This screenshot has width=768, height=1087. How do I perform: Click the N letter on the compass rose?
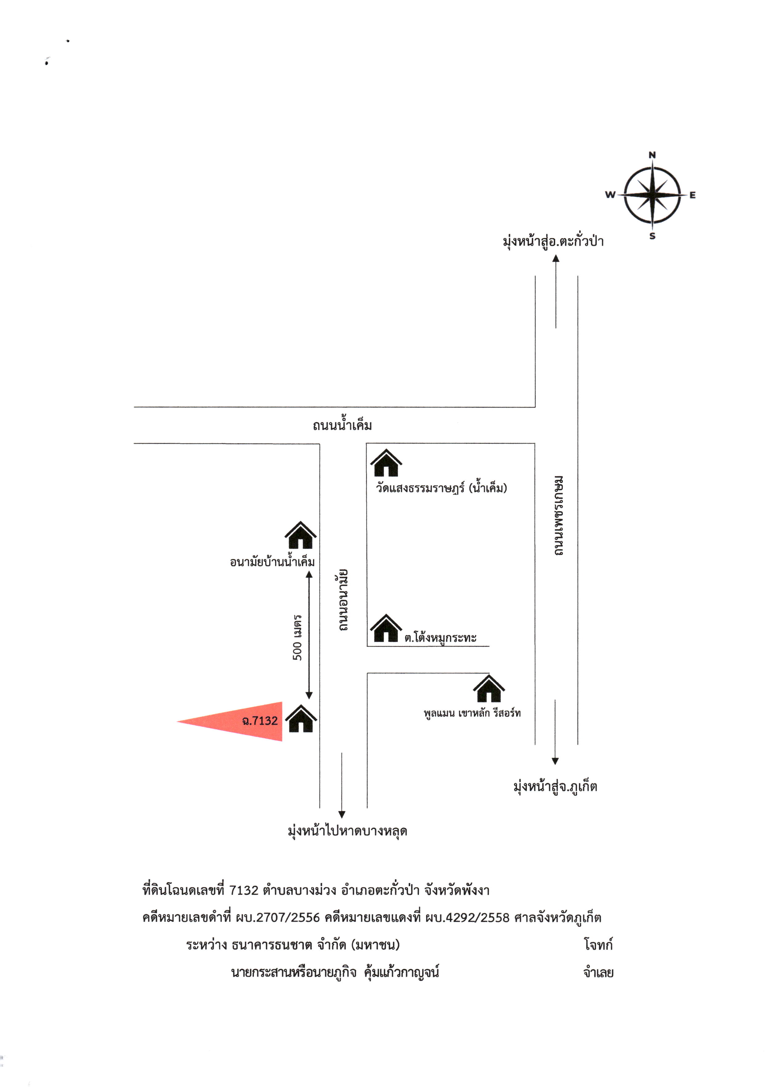pyautogui.click(x=652, y=155)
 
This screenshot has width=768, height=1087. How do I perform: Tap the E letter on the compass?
pyautogui.click(x=692, y=195)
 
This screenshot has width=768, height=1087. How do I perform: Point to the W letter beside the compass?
pyautogui.click(x=611, y=194)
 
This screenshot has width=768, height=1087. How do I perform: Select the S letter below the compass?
pyautogui.click(x=653, y=236)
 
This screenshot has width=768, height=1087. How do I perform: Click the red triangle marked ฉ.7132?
pyautogui.click(x=241, y=721)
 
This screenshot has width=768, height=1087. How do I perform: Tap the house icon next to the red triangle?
pyautogui.click(x=301, y=719)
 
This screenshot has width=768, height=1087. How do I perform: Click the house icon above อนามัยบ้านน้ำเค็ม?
pyautogui.click(x=300, y=535)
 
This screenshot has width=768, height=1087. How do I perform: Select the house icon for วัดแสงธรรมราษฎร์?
pyautogui.click(x=386, y=463)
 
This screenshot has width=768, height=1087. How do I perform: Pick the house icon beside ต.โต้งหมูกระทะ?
pyautogui.click(x=386, y=628)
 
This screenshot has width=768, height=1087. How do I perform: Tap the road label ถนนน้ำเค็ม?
pyautogui.click(x=342, y=424)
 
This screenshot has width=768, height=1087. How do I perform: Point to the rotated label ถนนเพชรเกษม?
pyautogui.click(x=559, y=515)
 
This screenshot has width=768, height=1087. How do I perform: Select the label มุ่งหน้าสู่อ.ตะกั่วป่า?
pyautogui.click(x=553, y=241)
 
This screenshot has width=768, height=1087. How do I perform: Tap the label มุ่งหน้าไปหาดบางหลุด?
pyautogui.click(x=347, y=831)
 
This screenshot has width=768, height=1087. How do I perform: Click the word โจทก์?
pyautogui.click(x=598, y=945)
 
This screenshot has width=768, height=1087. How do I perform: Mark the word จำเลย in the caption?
pyautogui.click(x=598, y=972)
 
